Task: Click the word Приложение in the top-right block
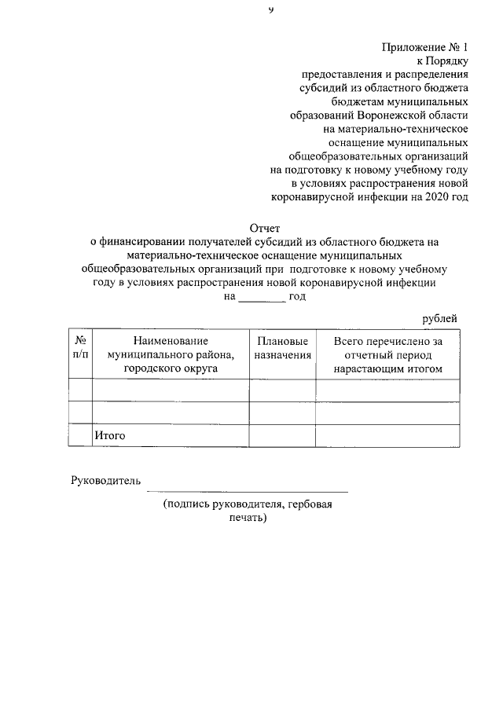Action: tap(414, 47)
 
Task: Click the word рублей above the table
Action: tap(440, 317)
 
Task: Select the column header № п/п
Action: tap(80, 347)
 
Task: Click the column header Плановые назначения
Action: tap(281, 347)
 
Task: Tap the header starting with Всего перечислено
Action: tap(387, 354)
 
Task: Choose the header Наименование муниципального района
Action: tap(171, 354)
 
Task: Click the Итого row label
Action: tap(110, 434)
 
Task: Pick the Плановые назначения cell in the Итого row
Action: tap(281, 434)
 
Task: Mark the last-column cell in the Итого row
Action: tap(387, 434)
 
